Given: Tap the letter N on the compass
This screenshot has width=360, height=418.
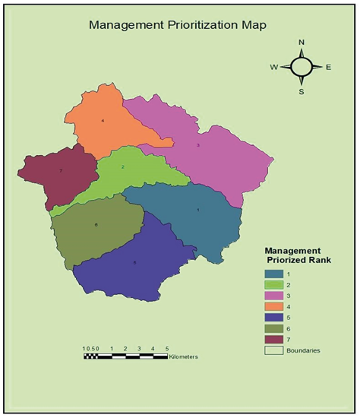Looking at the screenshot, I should pos(302,43).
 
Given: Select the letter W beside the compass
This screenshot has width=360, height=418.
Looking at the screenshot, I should pos(273,67).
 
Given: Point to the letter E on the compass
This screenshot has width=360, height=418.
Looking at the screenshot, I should pos(328,67).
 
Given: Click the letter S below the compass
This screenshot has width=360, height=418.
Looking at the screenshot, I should pos(302,91).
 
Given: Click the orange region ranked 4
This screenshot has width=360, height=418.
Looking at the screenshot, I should pos(106,125).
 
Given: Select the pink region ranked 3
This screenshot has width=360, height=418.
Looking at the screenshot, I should pos(205,148).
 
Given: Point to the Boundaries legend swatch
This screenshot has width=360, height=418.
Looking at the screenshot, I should pos(273,350).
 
